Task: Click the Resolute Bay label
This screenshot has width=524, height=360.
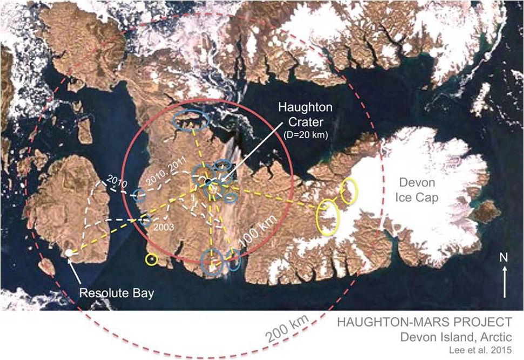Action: point(117,294)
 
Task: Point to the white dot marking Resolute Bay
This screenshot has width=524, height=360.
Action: point(69,253)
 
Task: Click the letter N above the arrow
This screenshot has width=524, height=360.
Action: point(504,257)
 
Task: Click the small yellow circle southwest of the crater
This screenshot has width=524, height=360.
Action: point(152,260)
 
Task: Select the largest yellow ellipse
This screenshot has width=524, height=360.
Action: point(328,217)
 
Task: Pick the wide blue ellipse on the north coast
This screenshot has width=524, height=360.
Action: point(190,121)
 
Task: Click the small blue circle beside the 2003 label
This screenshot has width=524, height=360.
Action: point(145,220)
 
